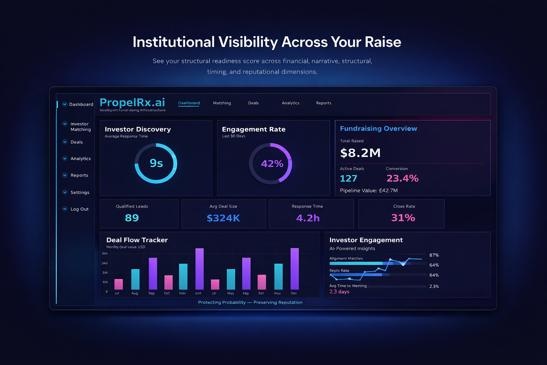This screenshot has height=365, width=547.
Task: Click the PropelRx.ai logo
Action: [x=132, y=103]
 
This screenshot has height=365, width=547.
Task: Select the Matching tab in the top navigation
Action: [x=222, y=103]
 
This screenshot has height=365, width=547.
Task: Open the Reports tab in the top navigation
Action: [x=323, y=103]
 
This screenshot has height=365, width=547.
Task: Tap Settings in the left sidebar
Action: [x=80, y=192]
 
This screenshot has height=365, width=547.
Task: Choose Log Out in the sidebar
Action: [x=79, y=209]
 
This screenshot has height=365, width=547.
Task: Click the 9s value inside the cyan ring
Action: [x=156, y=163]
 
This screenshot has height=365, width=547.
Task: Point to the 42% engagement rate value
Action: [x=272, y=164]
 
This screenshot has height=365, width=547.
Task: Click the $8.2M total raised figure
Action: [x=360, y=153]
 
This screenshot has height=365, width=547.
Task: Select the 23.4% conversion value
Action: [x=402, y=178]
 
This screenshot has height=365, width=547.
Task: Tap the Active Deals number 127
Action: [x=348, y=178]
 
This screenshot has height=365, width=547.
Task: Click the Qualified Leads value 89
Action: [x=132, y=218]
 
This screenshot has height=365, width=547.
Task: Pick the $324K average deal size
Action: [x=223, y=218]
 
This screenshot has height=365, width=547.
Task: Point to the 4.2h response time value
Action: [x=308, y=218]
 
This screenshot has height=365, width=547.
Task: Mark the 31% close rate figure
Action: [x=403, y=218]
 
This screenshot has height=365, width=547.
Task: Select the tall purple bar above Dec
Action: [x=295, y=269]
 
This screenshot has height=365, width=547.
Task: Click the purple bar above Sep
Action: [x=153, y=273]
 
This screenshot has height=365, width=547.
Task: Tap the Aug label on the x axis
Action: [x=135, y=293]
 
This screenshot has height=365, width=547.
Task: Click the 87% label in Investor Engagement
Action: [x=434, y=255]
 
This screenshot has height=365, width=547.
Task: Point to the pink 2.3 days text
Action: [x=339, y=292]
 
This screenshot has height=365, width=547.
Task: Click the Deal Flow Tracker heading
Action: [x=137, y=240]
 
